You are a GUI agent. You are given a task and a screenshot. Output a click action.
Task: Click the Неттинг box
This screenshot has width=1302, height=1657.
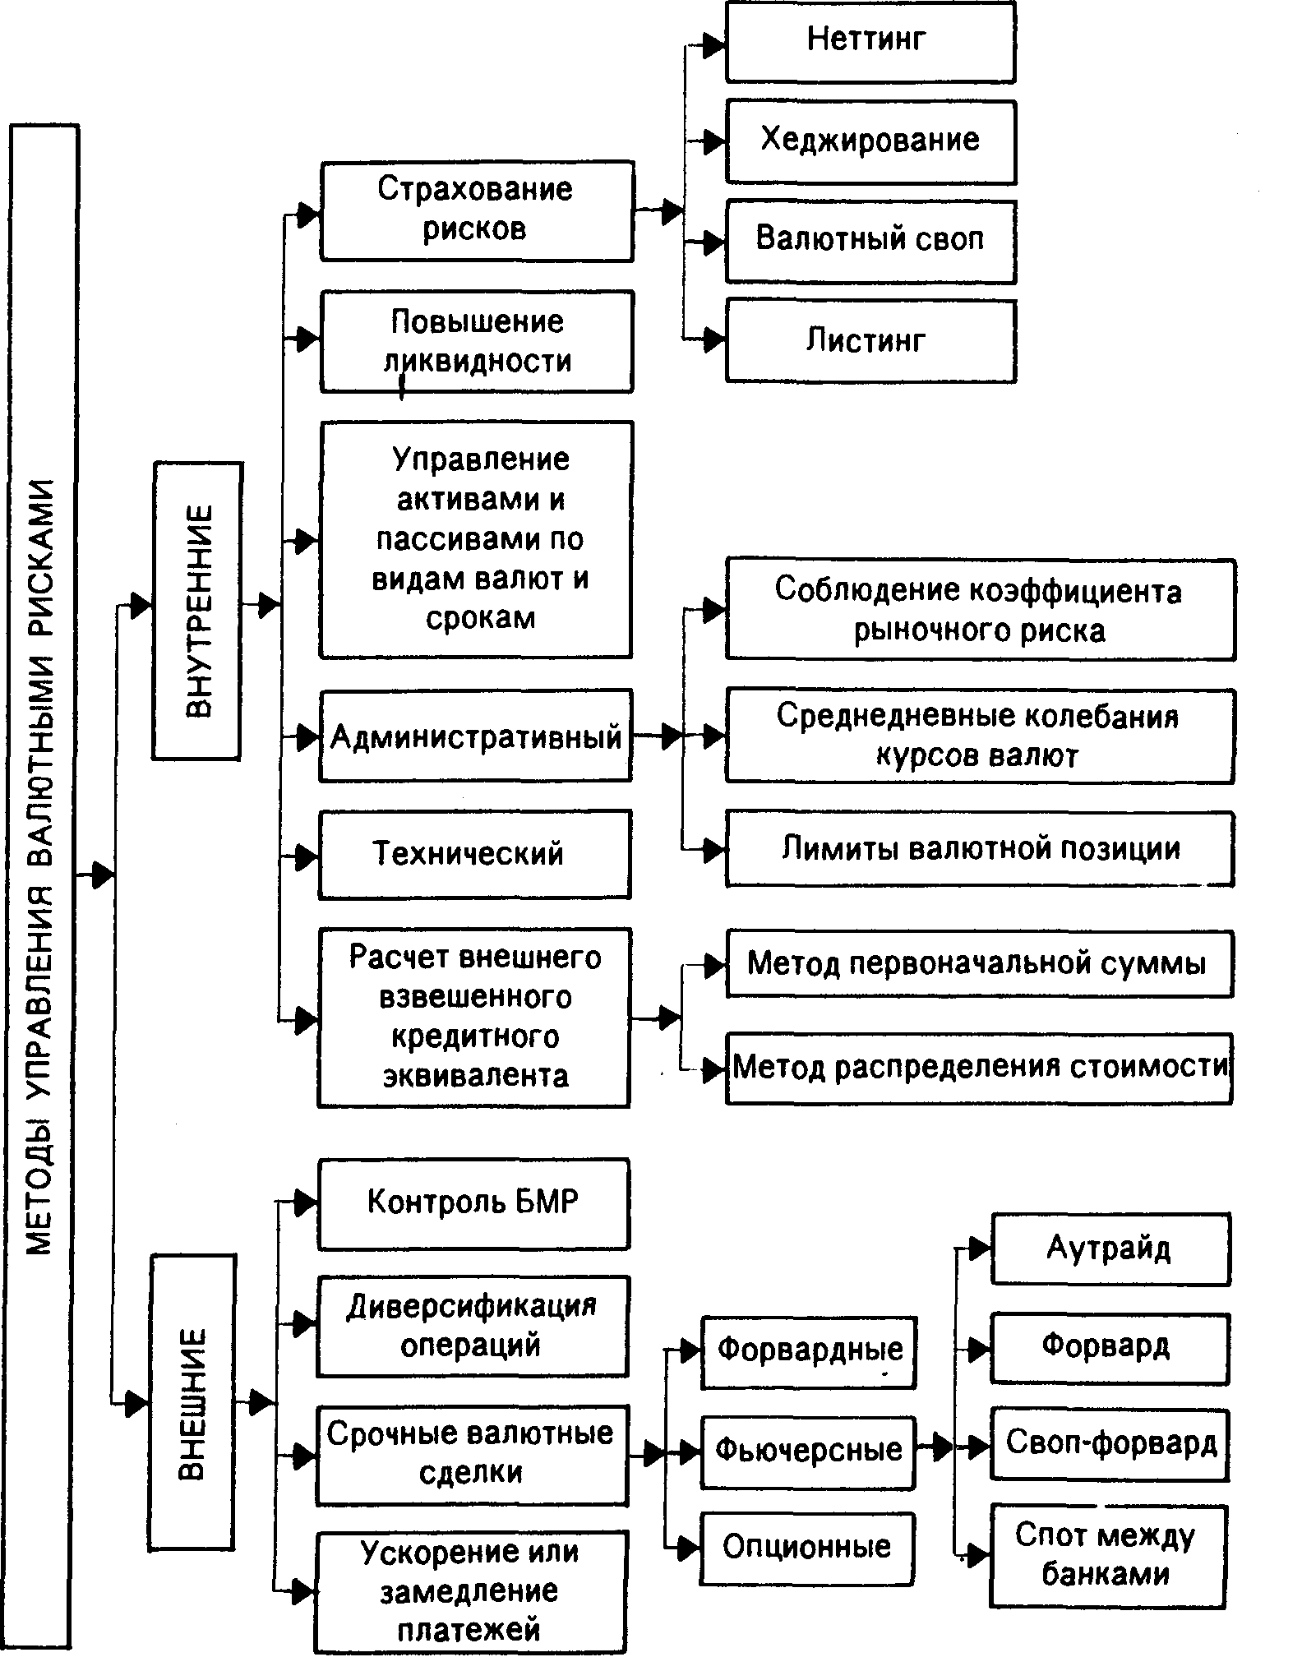pos(870,41)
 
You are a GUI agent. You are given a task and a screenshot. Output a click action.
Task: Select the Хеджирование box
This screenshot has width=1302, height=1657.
pos(870,141)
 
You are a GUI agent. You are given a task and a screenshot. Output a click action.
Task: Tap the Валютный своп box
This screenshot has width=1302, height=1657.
pos(870,241)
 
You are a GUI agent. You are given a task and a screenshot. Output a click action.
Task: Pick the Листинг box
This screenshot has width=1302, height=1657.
pos(870,340)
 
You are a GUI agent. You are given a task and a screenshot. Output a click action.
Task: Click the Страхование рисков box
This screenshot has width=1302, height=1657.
pos(476,210)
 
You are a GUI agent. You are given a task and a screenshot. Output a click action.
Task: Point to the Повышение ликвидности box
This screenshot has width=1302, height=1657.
pos(476,341)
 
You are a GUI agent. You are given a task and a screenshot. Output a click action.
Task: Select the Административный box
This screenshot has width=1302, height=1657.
pos(475,736)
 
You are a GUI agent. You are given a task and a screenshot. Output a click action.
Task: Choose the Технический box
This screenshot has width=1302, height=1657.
pos(474,854)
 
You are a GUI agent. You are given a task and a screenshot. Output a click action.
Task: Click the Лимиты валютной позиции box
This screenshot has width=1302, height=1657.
pos(979,849)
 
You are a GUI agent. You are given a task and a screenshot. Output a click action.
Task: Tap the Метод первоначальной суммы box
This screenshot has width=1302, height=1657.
pos(979,964)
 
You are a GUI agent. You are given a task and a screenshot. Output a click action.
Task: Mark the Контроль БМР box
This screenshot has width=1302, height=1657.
pos(473,1204)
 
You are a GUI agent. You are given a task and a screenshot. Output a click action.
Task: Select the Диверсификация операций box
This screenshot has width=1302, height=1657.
pos(472,1326)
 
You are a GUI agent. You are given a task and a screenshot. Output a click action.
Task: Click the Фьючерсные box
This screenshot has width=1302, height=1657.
pos(808,1450)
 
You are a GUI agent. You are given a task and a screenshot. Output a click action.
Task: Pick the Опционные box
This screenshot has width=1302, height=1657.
pos(807,1549)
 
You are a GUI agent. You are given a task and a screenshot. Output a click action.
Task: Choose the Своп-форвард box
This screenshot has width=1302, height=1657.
pos(1110,1445)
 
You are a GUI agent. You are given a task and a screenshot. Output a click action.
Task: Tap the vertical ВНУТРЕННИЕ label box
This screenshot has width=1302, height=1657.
pos(196,610)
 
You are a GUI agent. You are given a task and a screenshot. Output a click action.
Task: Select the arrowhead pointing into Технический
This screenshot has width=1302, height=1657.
pos(307,856)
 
